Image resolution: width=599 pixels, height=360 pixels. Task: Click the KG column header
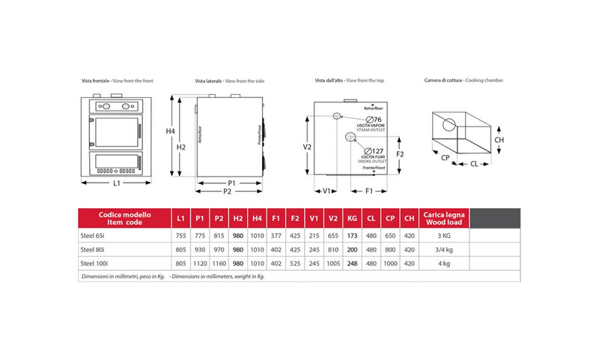352,218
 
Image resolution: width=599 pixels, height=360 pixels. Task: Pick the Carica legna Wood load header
444,218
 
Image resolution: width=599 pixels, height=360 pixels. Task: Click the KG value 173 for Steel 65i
352,236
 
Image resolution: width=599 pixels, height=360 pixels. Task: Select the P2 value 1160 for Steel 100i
219,263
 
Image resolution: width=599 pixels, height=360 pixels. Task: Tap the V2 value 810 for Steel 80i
333,250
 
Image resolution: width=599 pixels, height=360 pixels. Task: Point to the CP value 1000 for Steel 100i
390,263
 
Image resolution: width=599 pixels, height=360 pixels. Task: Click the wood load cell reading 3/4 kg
444,250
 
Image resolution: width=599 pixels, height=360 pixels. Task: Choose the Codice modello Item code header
124,218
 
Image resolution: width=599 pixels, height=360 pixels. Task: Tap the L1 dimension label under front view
116,183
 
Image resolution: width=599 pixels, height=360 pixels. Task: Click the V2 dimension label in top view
308,147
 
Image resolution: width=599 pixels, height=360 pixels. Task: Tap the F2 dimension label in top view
400,153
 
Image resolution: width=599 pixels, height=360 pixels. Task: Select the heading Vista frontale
96,79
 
